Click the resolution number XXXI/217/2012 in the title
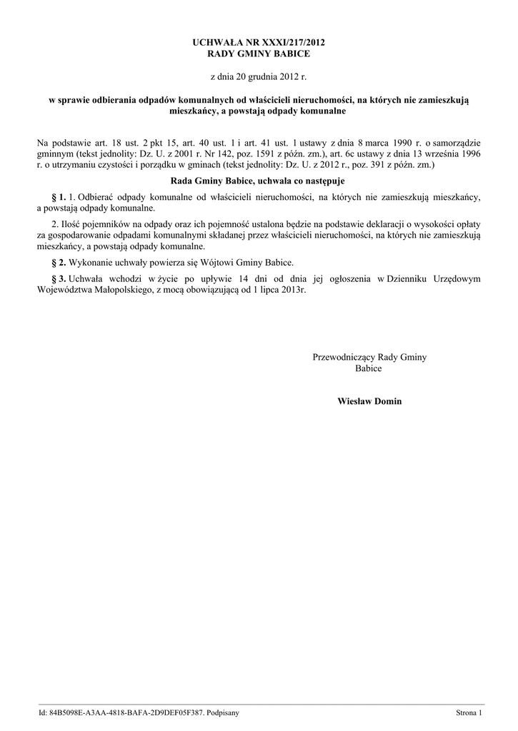[294, 44]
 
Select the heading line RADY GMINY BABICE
[259, 54]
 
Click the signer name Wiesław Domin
[369, 401]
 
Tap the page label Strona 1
[469, 713]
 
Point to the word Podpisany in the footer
[223, 713]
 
